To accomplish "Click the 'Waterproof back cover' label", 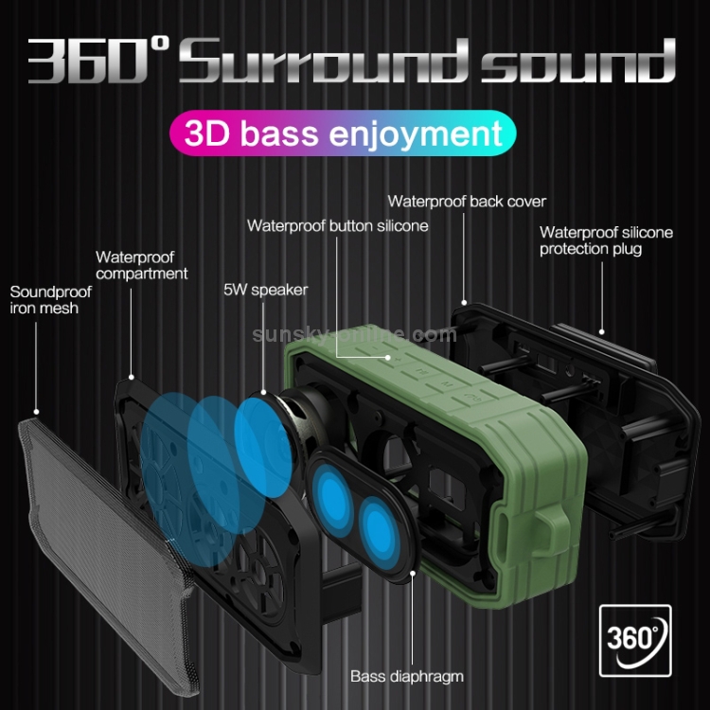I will point(467,201).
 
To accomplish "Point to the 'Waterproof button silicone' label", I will point(338,225).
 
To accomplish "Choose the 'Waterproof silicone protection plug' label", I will point(606,240).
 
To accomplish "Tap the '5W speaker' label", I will point(265,290).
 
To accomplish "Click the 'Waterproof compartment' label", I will point(141,265).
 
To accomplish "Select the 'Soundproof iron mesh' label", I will point(44,299).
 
